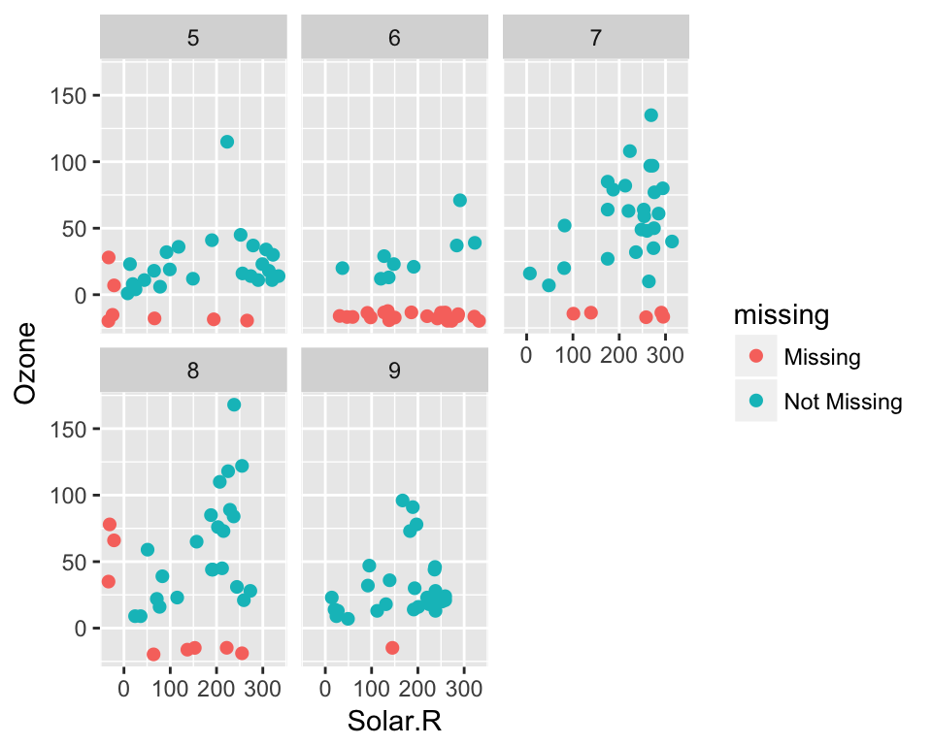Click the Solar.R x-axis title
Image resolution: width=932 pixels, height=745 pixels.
[x=394, y=722]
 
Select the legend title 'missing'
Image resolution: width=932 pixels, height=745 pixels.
[x=781, y=314]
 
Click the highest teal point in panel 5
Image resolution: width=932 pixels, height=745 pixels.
[x=227, y=142]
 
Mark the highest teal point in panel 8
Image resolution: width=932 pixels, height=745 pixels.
[x=234, y=405]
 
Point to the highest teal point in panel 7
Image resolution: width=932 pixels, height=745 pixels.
[x=650, y=115]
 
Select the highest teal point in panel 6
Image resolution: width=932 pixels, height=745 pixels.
[x=460, y=201]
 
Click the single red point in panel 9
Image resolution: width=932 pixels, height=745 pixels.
[x=392, y=648]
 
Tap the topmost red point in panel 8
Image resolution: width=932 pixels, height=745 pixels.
[x=109, y=525]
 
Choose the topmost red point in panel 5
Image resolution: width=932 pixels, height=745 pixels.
[x=109, y=257]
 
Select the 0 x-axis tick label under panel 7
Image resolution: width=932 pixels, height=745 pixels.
[x=526, y=356]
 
